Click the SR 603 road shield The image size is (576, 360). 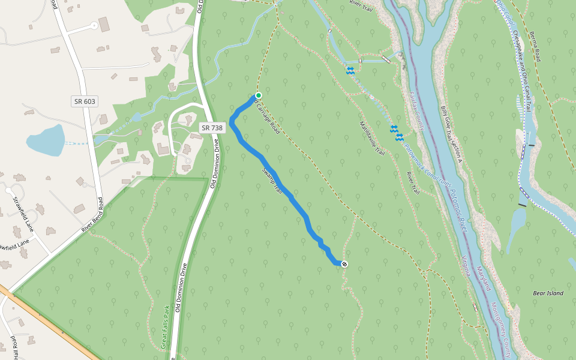tap(85, 101)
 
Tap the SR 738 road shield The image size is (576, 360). tap(212, 128)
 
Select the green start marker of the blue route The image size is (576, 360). tap(259, 95)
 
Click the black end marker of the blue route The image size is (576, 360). tap(344, 264)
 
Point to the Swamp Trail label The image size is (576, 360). tap(272, 179)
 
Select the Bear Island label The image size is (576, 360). tap(548, 293)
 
